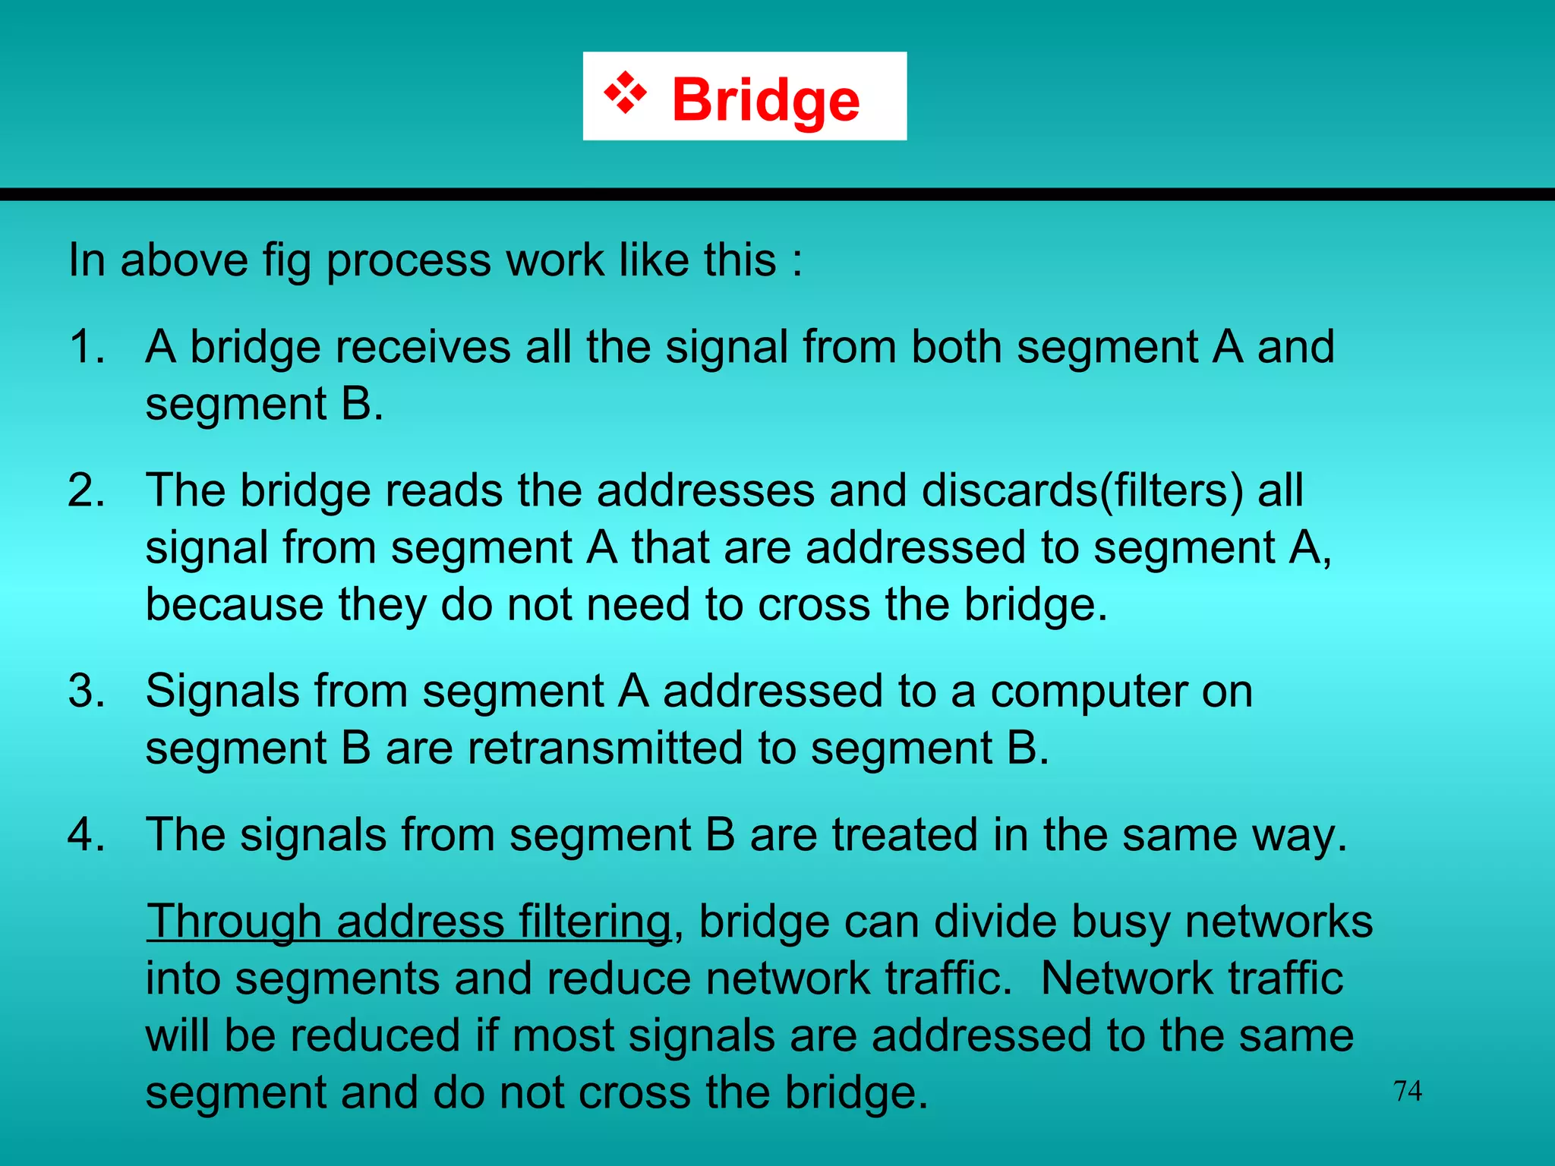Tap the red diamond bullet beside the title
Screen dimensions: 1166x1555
625,93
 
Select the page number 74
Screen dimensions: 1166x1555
1408,1091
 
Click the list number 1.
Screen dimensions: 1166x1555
87,347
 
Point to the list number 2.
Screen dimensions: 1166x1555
87,490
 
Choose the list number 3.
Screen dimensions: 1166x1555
87,692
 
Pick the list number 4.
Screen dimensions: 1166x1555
87,835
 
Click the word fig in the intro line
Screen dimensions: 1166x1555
287,260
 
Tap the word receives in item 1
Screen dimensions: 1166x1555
424,347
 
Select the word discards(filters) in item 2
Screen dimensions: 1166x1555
1082,490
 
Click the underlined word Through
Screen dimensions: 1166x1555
234,922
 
